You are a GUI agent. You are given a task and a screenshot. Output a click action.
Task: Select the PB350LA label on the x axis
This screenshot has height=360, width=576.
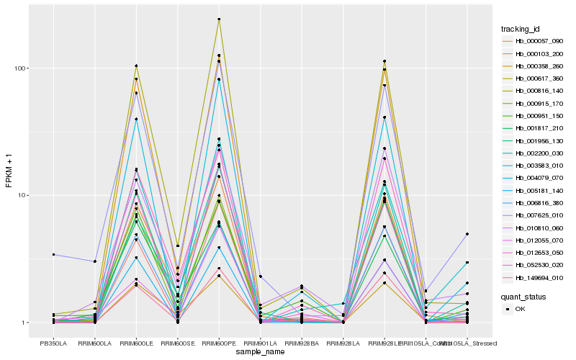tap(53, 343)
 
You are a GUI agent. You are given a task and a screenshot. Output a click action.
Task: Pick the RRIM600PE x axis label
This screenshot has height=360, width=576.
tap(219, 343)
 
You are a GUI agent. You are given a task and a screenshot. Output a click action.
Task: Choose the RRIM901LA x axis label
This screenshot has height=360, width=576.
tap(260, 343)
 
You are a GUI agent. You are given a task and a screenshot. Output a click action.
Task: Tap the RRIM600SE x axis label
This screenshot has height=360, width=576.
tap(177, 343)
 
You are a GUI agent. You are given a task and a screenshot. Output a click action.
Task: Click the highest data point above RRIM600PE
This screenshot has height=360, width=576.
tap(219, 19)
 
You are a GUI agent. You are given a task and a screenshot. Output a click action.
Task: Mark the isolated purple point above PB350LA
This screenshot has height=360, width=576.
tap(53, 254)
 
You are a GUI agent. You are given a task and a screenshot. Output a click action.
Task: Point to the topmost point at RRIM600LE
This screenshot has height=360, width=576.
tap(136, 66)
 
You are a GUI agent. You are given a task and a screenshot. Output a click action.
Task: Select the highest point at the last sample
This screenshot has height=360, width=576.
tap(467, 234)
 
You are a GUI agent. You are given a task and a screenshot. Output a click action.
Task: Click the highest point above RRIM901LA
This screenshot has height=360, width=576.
tap(260, 276)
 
